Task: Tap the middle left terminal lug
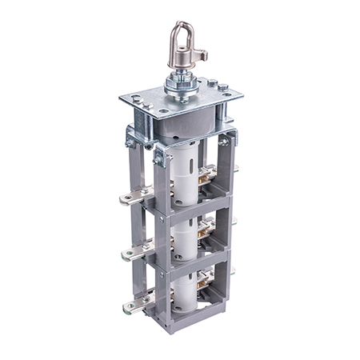coord(128,254)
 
